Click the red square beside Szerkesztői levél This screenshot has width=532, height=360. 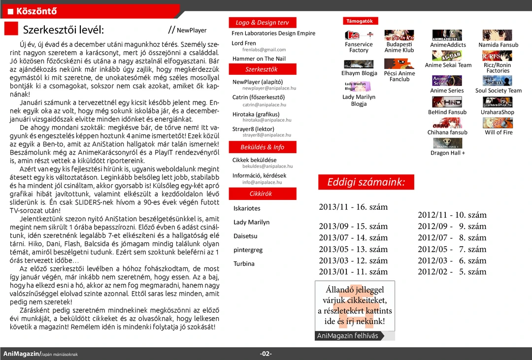(11, 29)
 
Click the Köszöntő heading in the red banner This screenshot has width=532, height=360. (36, 11)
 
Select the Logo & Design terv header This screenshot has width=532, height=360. (262, 23)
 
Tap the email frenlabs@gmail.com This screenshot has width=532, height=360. (264, 50)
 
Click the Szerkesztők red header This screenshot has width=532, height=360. (262, 69)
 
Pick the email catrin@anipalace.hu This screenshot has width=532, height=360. (264, 105)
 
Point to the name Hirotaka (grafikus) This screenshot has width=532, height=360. (256, 114)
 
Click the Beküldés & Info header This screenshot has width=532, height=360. (262, 147)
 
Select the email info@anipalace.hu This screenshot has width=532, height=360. (262, 182)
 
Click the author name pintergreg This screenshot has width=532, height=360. (248, 250)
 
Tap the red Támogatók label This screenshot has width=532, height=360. (360, 21)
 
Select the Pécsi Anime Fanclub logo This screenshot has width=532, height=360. (399, 64)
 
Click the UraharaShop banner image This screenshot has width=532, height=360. (498, 102)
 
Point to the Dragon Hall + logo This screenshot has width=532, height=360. (447, 143)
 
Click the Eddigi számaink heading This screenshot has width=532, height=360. (366, 182)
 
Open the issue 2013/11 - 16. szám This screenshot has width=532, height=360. (353, 207)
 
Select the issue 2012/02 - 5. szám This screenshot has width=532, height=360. (452, 272)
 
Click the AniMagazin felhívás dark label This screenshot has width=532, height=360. (348, 336)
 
